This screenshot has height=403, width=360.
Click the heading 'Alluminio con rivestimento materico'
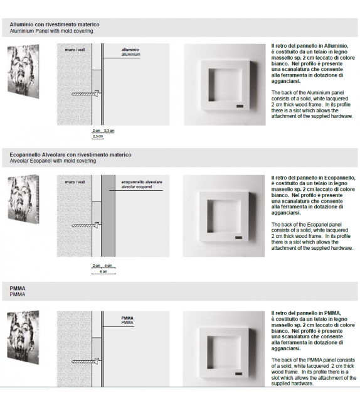tap(54, 24)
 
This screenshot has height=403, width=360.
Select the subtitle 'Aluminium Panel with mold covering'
tap(51, 31)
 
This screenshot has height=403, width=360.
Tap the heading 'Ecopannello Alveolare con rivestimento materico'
tap(70, 154)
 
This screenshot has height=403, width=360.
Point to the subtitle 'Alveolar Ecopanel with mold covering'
tap(53, 161)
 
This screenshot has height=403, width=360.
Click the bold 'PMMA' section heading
tap(18, 288)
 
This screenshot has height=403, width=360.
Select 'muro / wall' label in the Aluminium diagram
tap(74, 48)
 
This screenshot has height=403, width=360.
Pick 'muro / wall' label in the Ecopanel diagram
tap(74, 182)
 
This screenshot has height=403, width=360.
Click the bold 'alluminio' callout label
tap(130, 49)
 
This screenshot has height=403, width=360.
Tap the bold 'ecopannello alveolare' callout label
tap(141, 182)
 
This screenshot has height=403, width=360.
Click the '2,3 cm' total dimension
tap(97, 136)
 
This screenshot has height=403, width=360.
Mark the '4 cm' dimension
tap(108, 266)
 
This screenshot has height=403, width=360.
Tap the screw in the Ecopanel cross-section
tap(85, 225)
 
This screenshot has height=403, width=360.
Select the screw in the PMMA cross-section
tap(85, 362)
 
